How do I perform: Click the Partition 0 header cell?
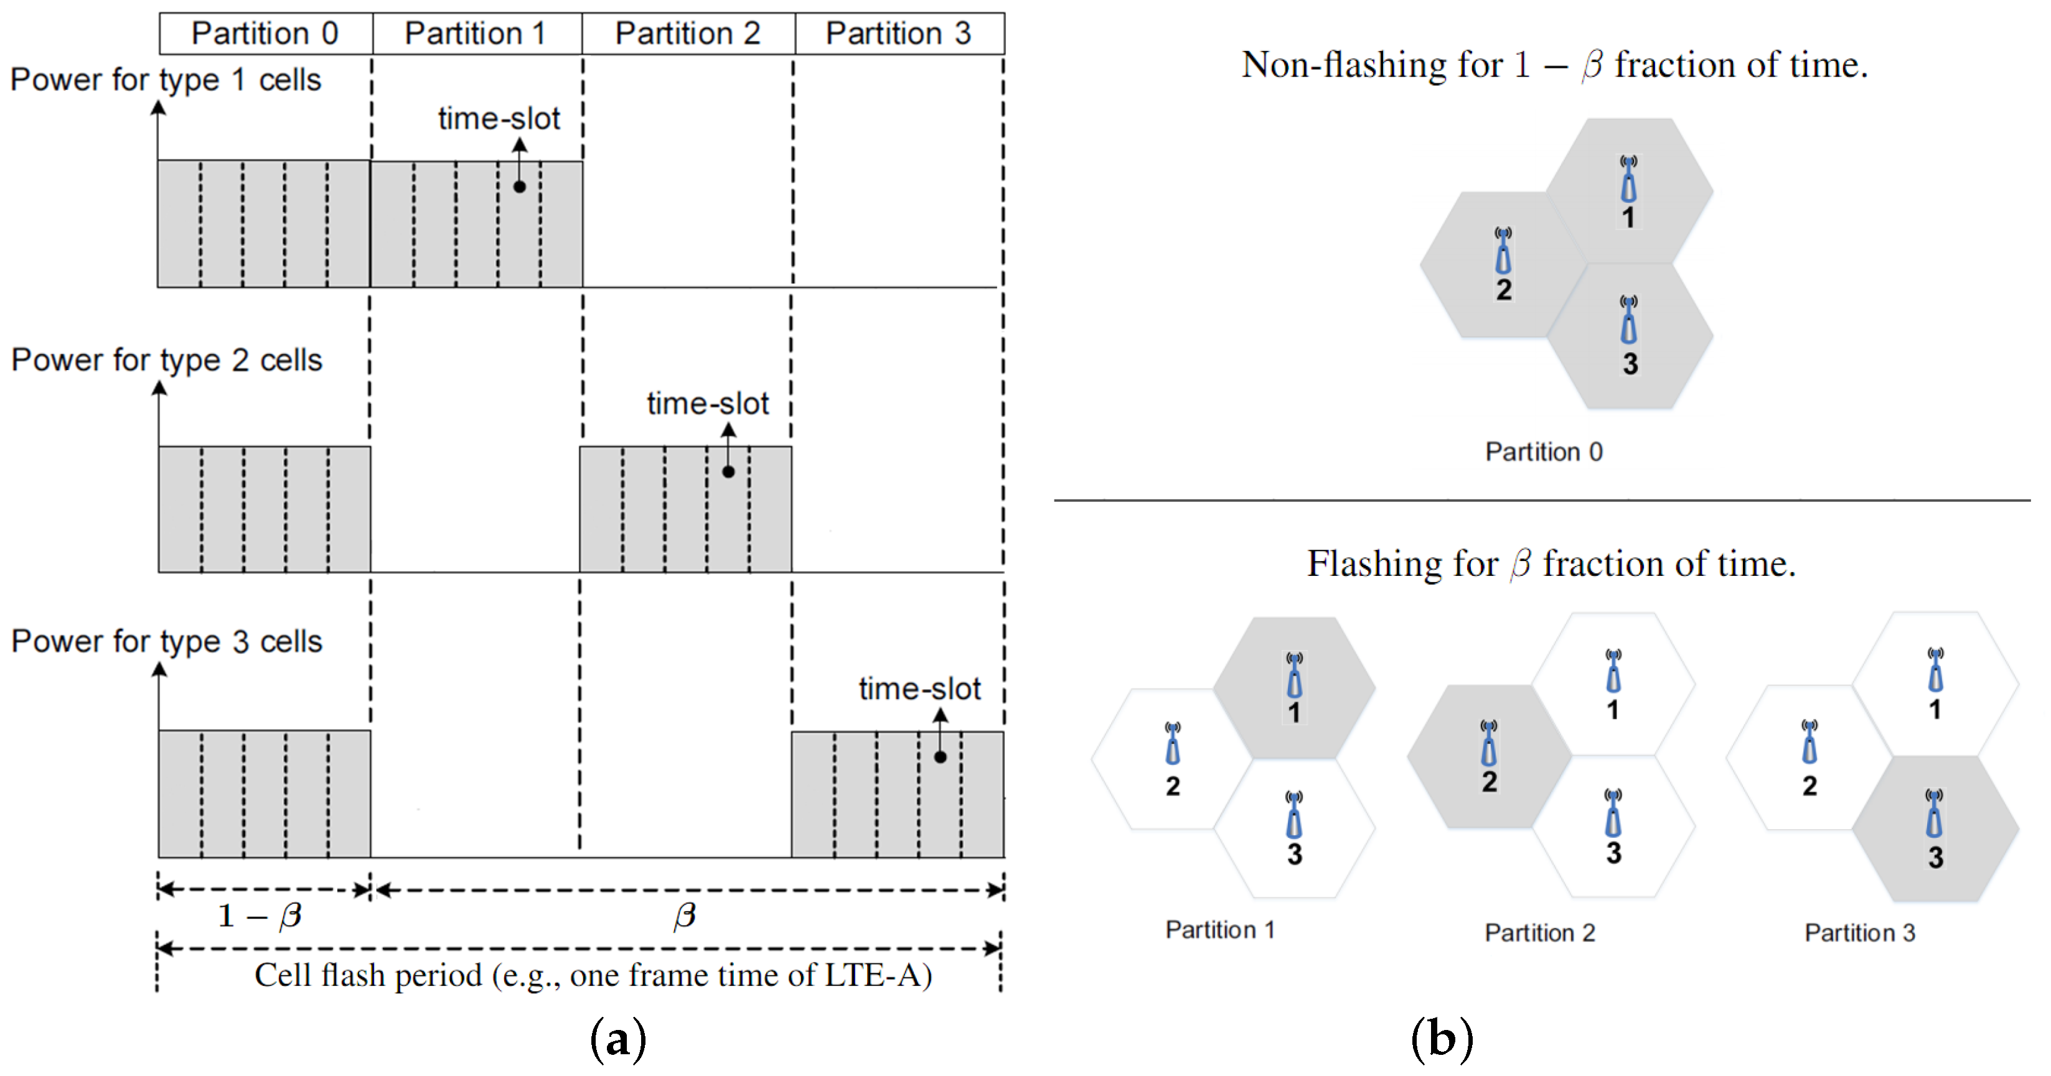pyautogui.click(x=265, y=34)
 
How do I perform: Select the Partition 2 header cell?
pyautogui.click(x=688, y=34)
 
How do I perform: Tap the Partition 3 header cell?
pyautogui.click(x=899, y=34)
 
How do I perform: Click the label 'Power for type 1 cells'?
pyautogui.click(x=166, y=80)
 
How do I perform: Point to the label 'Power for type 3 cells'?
pyautogui.click(x=166, y=641)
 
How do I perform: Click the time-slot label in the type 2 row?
pyautogui.click(x=707, y=404)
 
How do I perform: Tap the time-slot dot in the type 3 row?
pyautogui.click(x=941, y=757)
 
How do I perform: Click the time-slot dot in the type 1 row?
pyautogui.click(x=519, y=187)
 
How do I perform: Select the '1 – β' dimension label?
pyautogui.click(x=260, y=916)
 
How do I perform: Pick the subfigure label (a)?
pyautogui.click(x=618, y=1039)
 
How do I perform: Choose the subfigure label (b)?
pyautogui.click(x=1441, y=1039)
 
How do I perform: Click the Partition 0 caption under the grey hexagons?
pyautogui.click(x=1544, y=452)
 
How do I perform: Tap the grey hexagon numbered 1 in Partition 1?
pyautogui.click(x=1295, y=686)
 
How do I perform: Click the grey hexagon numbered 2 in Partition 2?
pyautogui.click(x=1489, y=756)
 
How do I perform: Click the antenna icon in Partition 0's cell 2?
pyautogui.click(x=1503, y=251)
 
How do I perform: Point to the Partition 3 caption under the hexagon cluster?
pyautogui.click(x=1860, y=933)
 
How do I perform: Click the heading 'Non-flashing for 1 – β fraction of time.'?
pyautogui.click(x=1554, y=65)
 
